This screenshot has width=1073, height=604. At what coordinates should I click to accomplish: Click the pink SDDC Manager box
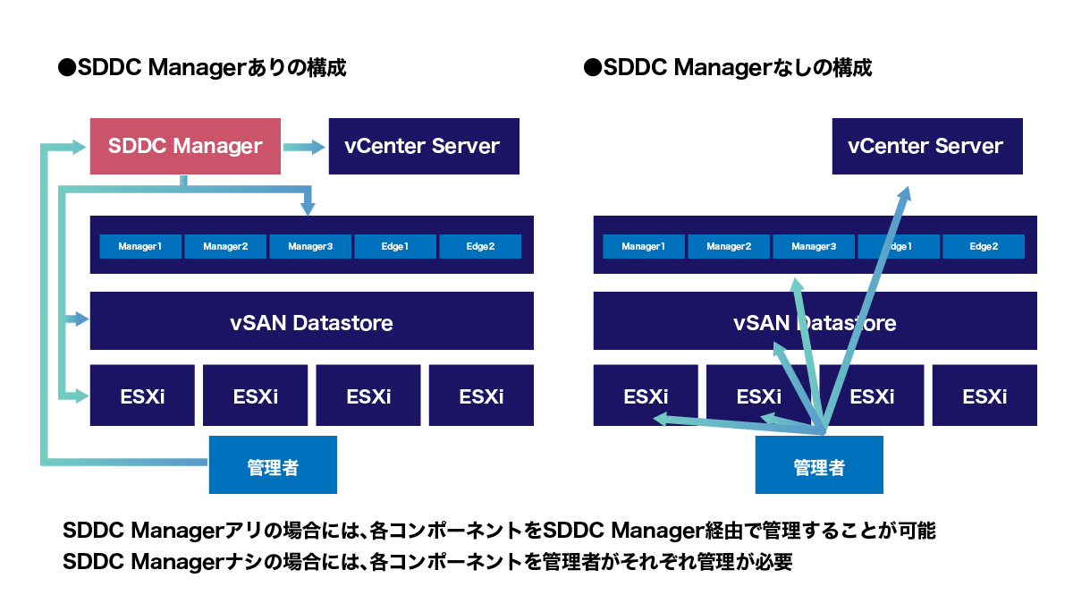[x=185, y=146]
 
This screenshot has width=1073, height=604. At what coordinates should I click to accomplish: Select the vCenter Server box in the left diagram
[x=424, y=146]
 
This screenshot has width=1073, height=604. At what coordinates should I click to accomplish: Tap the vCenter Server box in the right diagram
[x=926, y=146]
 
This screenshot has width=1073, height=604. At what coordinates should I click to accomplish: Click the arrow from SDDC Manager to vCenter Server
[x=305, y=147]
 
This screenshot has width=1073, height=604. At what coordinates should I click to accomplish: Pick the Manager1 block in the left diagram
[x=139, y=246]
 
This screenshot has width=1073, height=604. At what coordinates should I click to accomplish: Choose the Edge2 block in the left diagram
[x=480, y=246]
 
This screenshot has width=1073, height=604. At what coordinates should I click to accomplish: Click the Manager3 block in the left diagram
[x=310, y=246]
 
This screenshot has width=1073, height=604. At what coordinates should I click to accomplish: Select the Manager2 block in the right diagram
[x=728, y=246]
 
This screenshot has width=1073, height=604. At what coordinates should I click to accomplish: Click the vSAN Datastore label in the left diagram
[x=311, y=322]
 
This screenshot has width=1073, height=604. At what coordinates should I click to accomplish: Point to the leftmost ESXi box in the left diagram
[x=142, y=396]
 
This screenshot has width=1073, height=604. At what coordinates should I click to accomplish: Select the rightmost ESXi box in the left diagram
[x=481, y=396]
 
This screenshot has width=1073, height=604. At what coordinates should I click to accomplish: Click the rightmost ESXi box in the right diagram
[x=984, y=396]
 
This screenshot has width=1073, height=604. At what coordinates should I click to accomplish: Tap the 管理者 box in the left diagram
[x=273, y=465]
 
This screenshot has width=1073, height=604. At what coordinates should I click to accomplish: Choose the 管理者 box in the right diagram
[x=819, y=465]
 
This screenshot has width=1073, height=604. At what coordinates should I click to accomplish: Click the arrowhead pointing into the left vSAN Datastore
[x=81, y=319]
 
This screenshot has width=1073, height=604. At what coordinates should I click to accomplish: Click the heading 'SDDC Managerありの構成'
[x=202, y=68]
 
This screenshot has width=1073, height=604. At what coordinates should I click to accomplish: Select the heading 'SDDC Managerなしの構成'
[x=727, y=68]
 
